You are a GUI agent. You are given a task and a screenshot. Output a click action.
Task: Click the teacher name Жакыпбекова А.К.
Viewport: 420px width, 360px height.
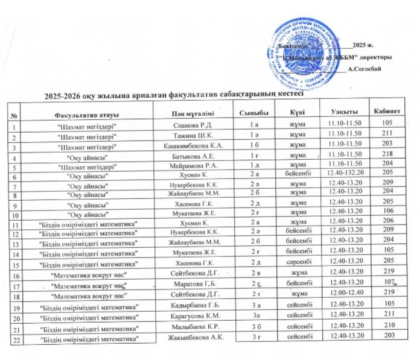tap(195, 336)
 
